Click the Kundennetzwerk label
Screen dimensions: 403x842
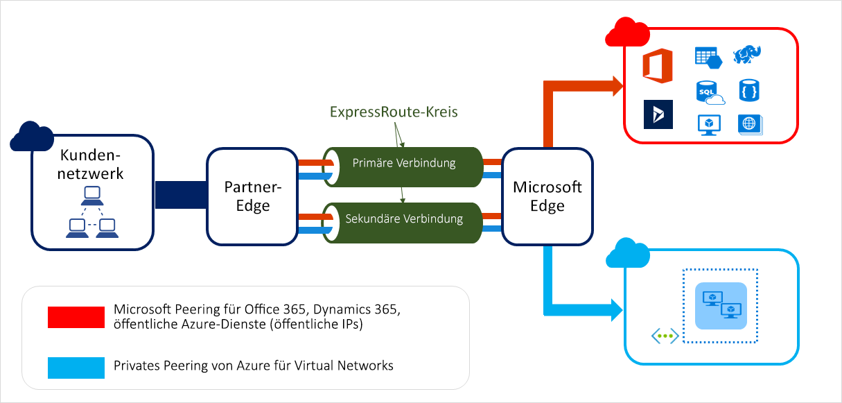(91, 164)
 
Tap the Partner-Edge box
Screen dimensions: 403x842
(253, 196)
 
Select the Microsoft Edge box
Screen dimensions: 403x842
(547, 196)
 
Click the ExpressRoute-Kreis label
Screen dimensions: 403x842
(393, 112)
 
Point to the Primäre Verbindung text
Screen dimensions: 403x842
(404, 164)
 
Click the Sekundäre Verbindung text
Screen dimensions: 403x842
(404, 219)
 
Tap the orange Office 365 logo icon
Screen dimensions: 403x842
(658, 66)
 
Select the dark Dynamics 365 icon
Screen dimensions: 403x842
(658, 114)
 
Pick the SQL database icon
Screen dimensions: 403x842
(708, 92)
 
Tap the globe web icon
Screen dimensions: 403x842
(750, 124)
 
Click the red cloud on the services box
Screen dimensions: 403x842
(623, 33)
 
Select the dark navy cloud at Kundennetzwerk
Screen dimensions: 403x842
(32, 135)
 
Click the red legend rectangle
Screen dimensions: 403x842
(76, 316)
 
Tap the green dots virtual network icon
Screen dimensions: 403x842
(665, 336)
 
